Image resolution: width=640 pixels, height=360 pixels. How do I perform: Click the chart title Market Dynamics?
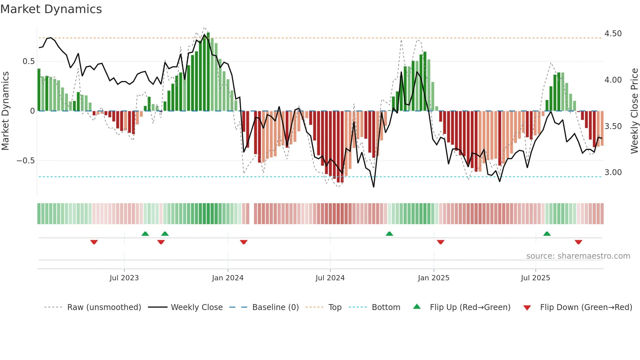click(51, 9)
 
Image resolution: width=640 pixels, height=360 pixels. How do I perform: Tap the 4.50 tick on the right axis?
click(613, 34)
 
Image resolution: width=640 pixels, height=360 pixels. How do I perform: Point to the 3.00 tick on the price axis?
click(613, 172)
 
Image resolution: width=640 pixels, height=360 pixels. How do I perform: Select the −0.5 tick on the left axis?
click(25, 161)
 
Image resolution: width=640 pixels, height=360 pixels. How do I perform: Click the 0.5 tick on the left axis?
click(28, 61)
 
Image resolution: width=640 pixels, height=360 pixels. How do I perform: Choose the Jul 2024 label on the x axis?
click(330, 278)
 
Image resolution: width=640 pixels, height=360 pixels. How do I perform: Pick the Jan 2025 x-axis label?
click(433, 278)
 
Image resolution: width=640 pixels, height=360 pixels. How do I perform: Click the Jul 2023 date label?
click(124, 278)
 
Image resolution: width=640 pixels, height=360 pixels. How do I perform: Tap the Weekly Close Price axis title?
click(634, 111)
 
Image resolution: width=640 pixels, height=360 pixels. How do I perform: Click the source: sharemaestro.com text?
click(578, 256)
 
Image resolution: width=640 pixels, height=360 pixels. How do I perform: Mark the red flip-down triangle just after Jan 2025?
click(440, 242)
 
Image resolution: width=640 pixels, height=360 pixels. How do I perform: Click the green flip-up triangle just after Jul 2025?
click(547, 234)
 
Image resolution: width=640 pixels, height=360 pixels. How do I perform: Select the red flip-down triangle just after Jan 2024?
click(244, 242)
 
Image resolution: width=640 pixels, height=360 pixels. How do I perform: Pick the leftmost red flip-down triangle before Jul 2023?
click(94, 242)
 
